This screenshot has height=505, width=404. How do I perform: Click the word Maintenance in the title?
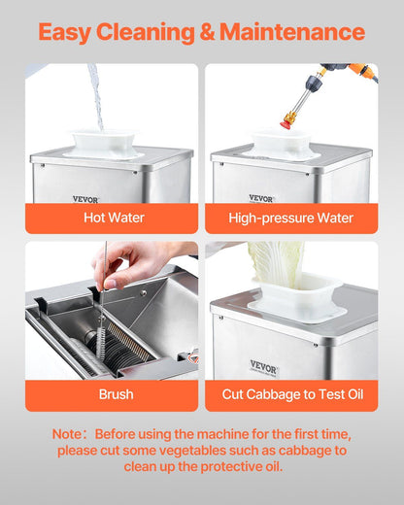pyautogui.click(x=292, y=32)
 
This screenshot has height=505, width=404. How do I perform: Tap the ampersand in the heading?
pyautogui.click(x=207, y=32)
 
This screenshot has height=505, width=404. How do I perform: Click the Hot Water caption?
pyautogui.click(x=114, y=218)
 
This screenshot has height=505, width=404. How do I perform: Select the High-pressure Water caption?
pyautogui.click(x=290, y=218)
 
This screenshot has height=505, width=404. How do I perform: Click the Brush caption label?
pyautogui.click(x=116, y=394)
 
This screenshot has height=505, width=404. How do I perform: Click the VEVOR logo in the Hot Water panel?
pyautogui.click(x=85, y=199)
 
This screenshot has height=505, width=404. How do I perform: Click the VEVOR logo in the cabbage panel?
pyautogui.click(x=263, y=367)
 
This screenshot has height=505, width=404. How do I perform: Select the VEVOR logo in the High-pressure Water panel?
pyautogui.click(x=261, y=198)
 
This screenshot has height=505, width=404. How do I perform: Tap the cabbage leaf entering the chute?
pyautogui.click(x=277, y=264)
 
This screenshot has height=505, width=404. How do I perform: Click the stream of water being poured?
pyautogui.click(x=96, y=97)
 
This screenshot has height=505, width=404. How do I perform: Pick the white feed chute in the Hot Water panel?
pyautogui.click(x=104, y=145)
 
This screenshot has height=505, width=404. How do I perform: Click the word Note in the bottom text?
pyautogui.click(x=67, y=434)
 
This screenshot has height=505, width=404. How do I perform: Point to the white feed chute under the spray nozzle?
pyautogui.click(x=281, y=146)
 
